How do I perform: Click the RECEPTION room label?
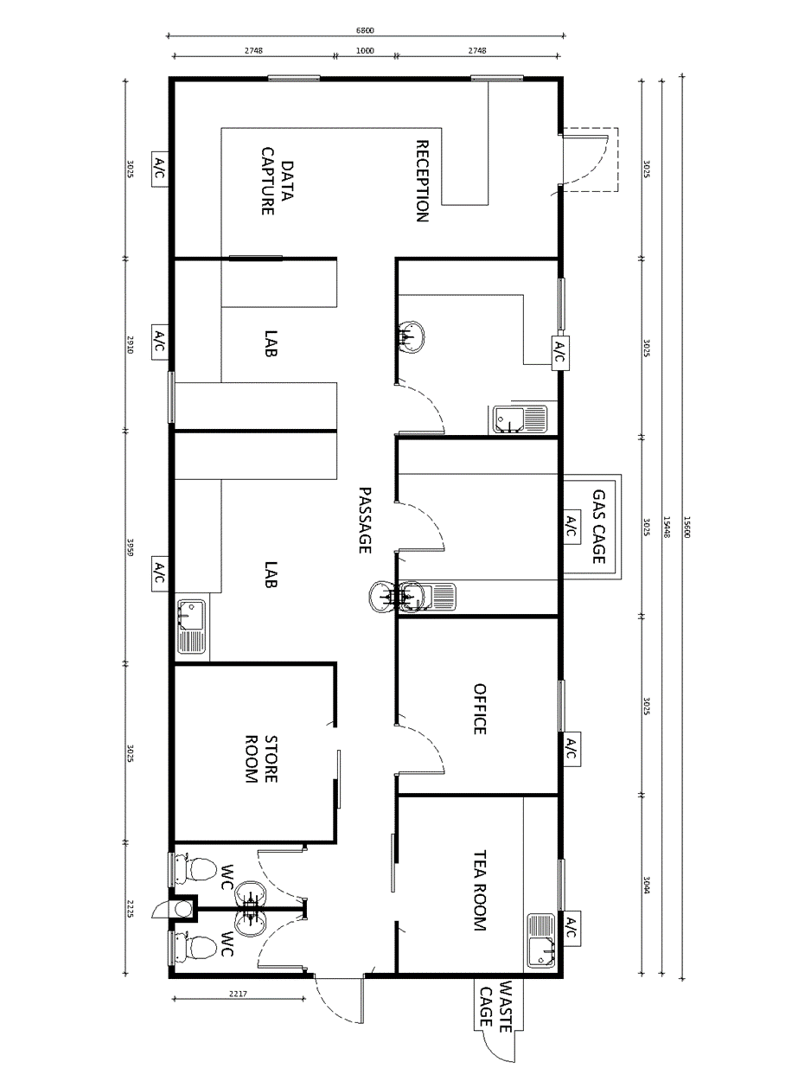tap(423, 182)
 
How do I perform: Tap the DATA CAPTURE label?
tap(278, 182)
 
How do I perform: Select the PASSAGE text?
tap(365, 521)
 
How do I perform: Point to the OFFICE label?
tap(480, 709)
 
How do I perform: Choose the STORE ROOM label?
tap(261, 759)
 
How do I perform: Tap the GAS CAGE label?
tap(599, 527)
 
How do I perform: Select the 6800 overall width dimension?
tap(365, 30)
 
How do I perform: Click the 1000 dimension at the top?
tap(365, 51)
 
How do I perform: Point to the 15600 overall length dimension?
tap(687, 527)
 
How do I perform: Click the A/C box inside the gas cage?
tap(571, 527)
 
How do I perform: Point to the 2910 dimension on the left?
tap(131, 345)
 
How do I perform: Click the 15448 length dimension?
tap(667, 527)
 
